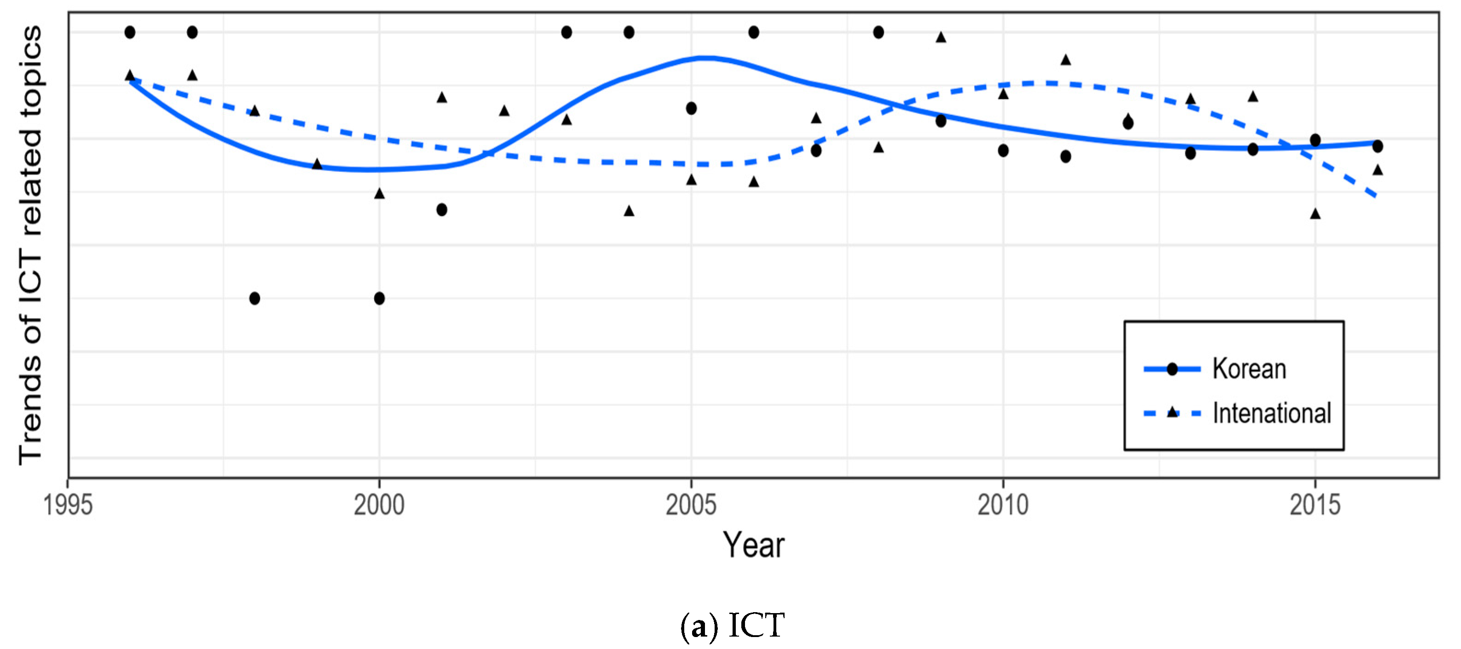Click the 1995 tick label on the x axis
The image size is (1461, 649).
tap(68, 505)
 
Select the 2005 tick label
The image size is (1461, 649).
tap(691, 505)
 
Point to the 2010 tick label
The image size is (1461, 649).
tap(1003, 505)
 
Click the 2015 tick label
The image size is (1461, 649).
tap(1315, 505)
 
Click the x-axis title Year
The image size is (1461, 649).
tap(753, 545)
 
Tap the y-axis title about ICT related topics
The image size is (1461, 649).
tap(31, 245)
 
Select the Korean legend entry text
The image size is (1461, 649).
tap(1249, 369)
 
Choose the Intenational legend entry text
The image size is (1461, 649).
tap(1271, 414)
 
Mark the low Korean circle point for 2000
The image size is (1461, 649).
tap(380, 298)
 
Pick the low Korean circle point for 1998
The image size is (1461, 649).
tap(254, 298)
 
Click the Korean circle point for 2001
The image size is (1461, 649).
tap(442, 210)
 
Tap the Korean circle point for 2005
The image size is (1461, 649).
tap(691, 108)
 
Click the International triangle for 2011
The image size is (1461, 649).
tap(1066, 59)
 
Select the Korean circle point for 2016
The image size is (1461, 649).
tap(1378, 146)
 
